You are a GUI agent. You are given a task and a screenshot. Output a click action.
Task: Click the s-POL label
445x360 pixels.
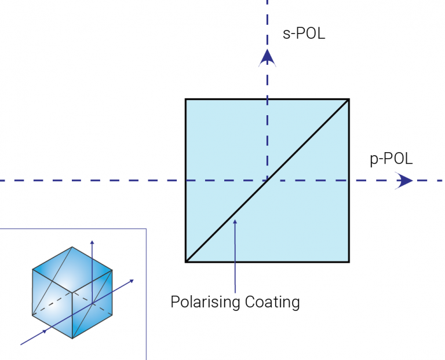click(x=304, y=34)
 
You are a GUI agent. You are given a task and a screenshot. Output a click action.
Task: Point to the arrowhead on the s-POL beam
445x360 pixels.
click(x=267, y=57)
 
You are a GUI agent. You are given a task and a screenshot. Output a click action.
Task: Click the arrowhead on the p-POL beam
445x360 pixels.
click(x=404, y=181)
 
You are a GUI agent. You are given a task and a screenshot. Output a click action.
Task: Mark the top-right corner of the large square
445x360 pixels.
click(x=349, y=100)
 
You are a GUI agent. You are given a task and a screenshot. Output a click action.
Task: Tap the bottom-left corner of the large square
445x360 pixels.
click(x=186, y=262)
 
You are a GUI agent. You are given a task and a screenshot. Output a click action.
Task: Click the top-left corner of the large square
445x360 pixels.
click(x=186, y=100)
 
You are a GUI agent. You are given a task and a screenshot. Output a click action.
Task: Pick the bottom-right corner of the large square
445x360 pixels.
click(x=349, y=262)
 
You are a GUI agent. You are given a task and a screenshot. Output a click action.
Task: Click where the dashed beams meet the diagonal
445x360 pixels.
click(x=267, y=181)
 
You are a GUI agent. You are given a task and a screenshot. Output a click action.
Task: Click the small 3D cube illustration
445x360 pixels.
click(x=72, y=293)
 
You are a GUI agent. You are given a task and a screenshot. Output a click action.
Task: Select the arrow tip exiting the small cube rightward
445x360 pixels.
click(x=134, y=280)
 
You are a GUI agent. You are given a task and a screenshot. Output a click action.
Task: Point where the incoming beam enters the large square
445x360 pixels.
click(x=186, y=181)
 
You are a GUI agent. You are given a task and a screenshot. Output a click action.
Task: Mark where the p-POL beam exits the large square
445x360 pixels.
click(x=349, y=181)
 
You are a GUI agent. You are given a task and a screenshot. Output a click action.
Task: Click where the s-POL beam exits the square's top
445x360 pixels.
click(x=267, y=100)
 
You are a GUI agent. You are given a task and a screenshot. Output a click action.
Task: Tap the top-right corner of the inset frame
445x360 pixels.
click(x=146, y=229)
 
